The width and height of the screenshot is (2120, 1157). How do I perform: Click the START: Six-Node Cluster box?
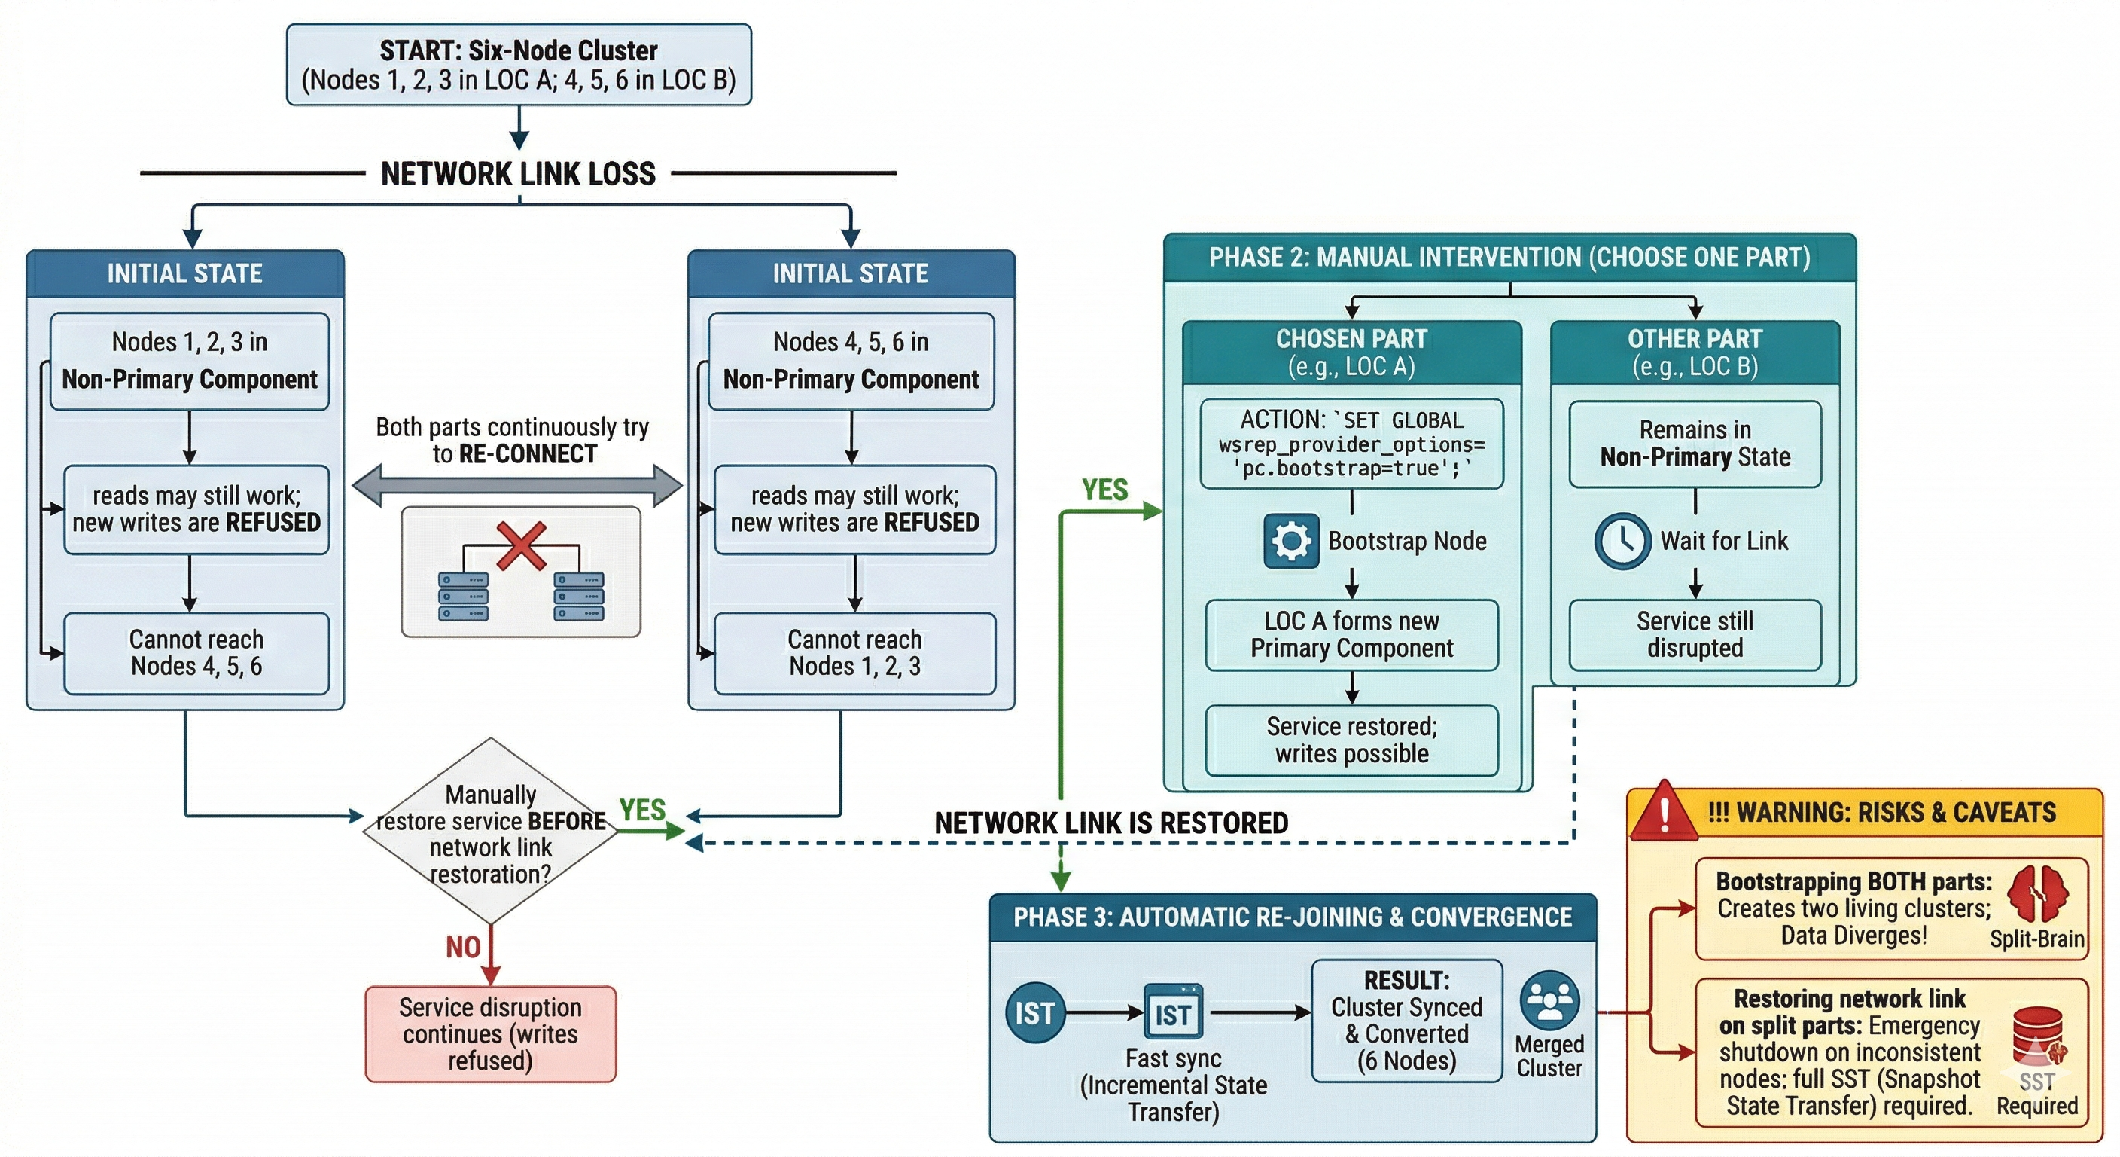519,64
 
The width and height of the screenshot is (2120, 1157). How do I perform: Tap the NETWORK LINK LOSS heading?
519,174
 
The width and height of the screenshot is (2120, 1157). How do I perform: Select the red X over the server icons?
522,545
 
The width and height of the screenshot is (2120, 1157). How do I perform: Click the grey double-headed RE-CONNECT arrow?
517,485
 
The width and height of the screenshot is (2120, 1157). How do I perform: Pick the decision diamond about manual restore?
491,832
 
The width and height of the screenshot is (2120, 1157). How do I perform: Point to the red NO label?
463,947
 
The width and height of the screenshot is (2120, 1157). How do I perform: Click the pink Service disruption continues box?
491,1033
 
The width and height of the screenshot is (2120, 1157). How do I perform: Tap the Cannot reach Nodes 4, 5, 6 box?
196,653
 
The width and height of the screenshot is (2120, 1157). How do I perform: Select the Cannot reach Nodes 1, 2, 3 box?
854,653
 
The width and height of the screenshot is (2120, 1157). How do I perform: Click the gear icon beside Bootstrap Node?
1291,541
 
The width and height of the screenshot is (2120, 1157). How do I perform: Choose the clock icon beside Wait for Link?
1622,541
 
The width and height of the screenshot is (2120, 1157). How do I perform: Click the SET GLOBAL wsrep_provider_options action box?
1351,444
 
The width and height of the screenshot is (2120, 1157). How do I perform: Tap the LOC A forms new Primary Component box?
1351,635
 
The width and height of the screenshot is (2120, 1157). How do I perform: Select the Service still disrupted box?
1695,635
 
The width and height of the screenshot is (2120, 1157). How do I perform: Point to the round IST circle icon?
1034,1013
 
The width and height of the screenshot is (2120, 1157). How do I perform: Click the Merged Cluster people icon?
1549,1000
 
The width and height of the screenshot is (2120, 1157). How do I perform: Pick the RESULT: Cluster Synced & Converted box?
1406,1021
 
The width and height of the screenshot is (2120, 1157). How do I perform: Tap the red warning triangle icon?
1664,813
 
